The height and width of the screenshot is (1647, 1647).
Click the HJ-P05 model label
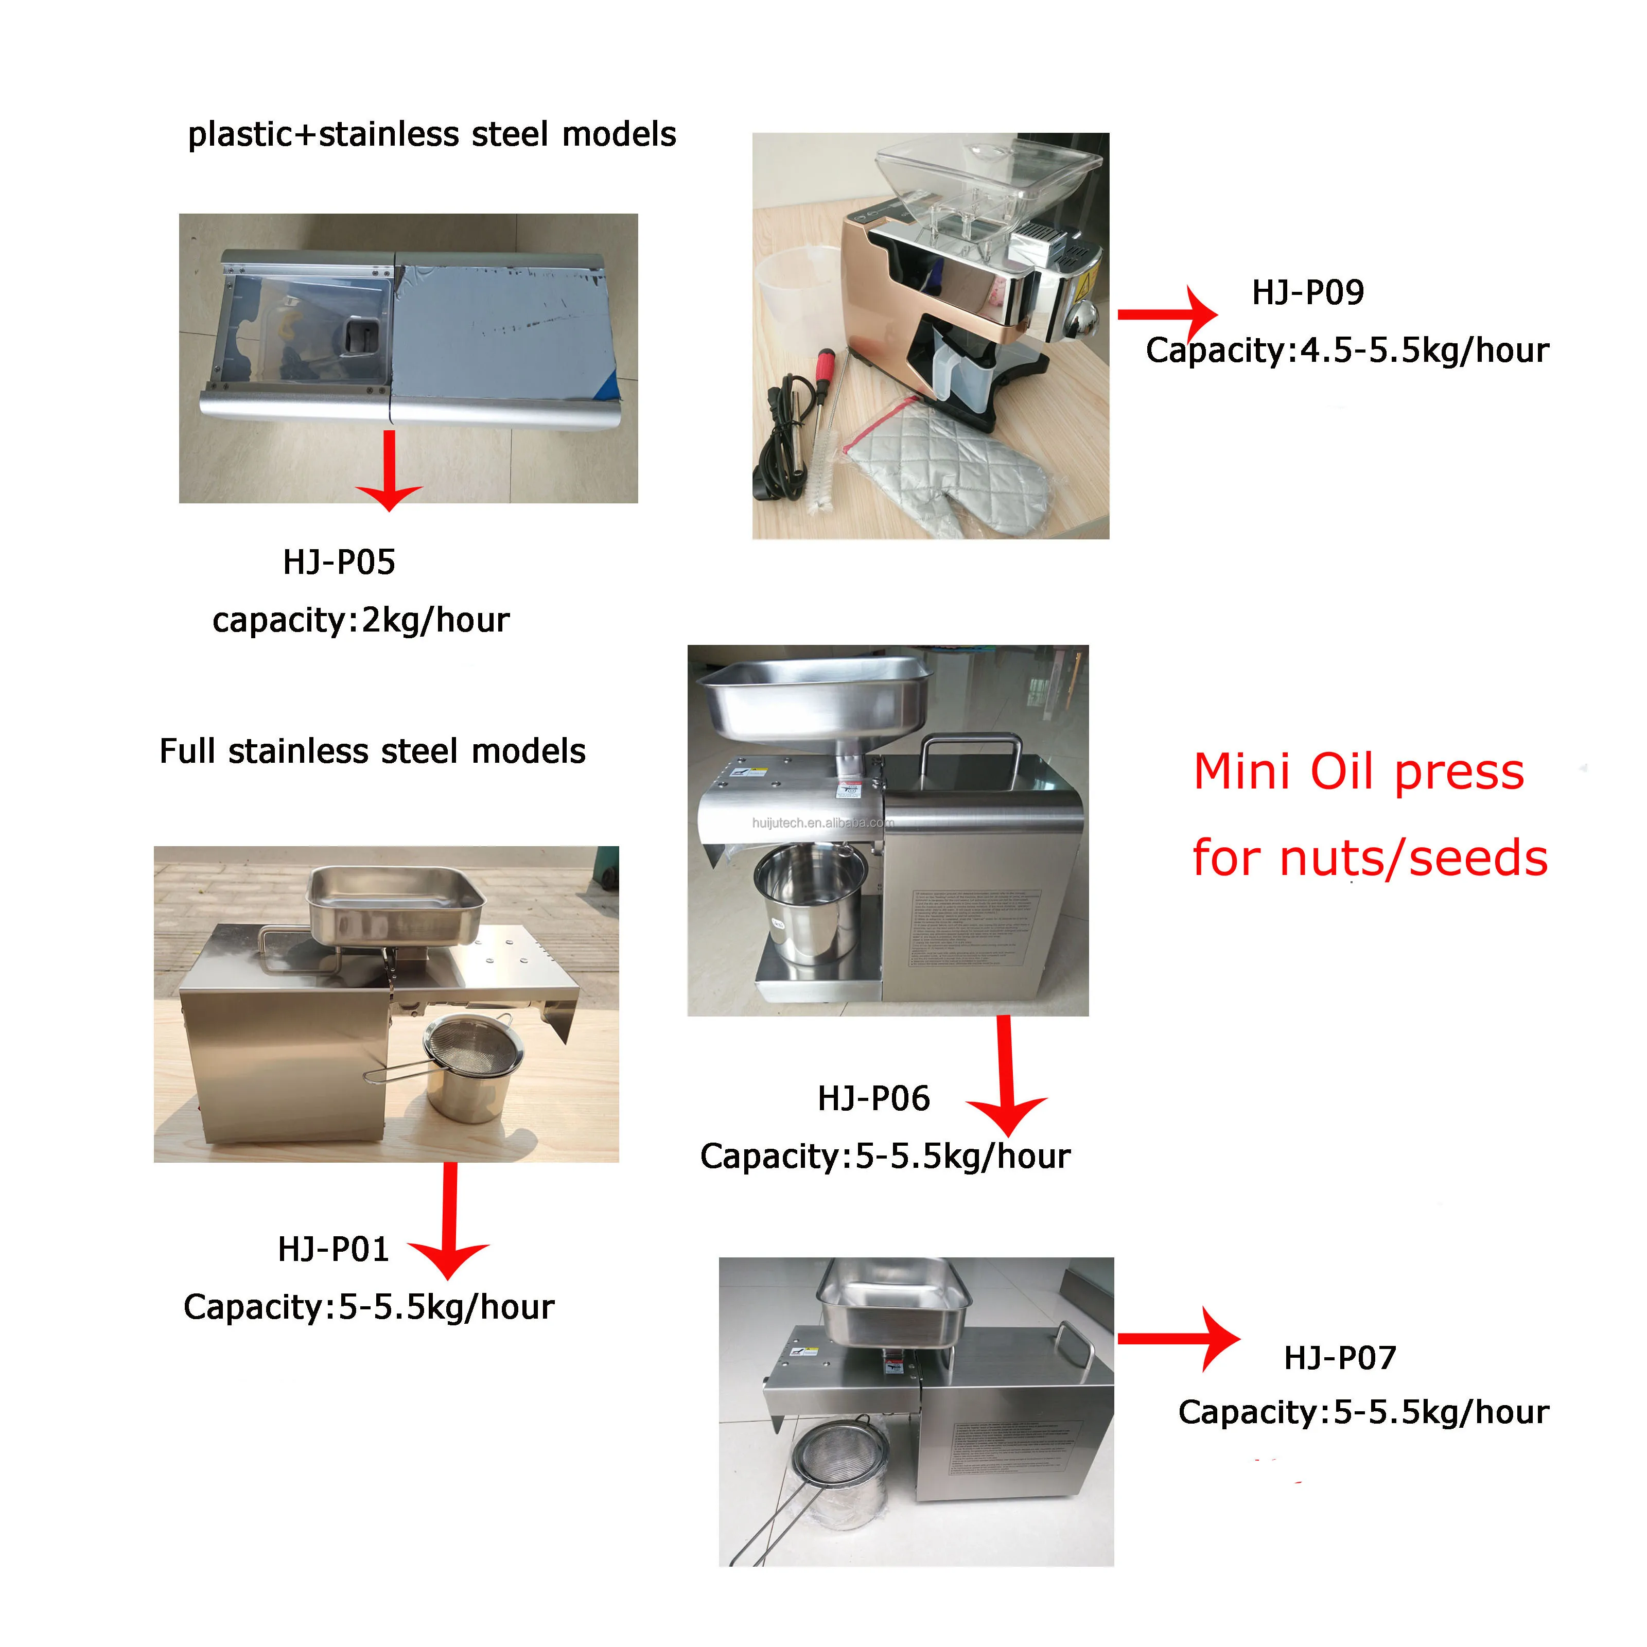tap(339, 563)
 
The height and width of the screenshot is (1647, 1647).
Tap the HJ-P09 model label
tap(1307, 292)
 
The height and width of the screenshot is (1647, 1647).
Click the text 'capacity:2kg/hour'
tap(361, 621)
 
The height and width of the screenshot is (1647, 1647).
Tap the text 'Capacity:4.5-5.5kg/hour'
tap(1347, 351)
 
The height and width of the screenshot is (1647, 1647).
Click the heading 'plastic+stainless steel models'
tap(431, 135)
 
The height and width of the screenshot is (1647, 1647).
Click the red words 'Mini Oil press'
tap(1358, 773)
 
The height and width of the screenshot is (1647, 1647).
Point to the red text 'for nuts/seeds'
tap(1369, 858)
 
